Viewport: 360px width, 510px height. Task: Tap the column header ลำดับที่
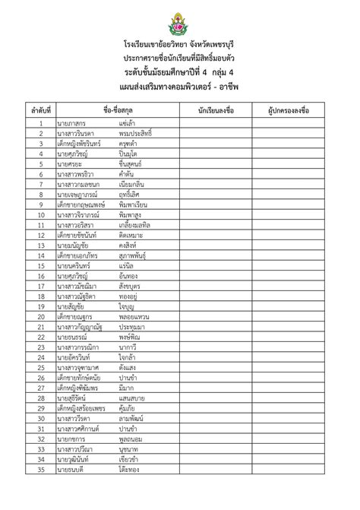point(40,111)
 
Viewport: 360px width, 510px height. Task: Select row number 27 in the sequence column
point(40,390)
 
